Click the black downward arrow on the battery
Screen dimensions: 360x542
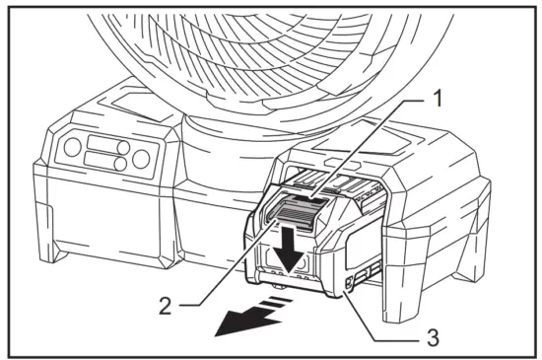[288, 246]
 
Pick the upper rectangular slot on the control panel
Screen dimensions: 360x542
[102, 144]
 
